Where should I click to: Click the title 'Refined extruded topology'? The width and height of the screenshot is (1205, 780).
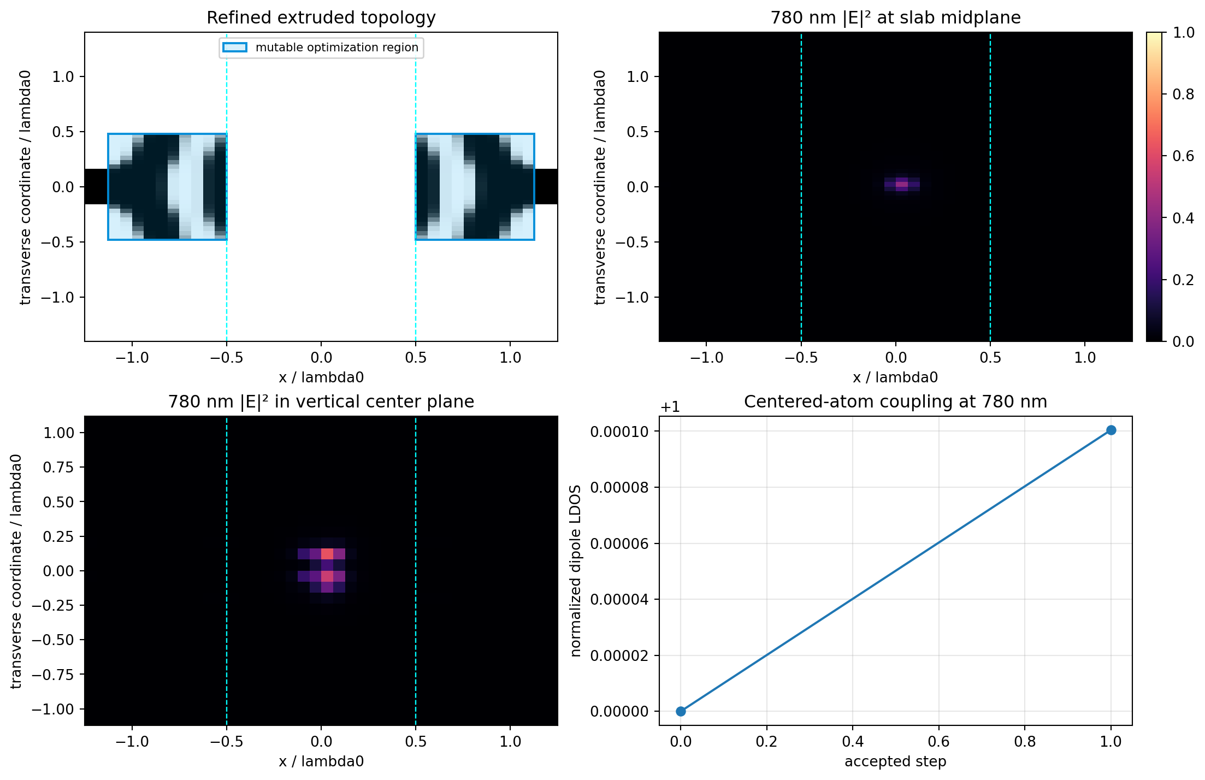pos(321,17)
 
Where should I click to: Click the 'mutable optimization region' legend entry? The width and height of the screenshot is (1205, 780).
pos(321,48)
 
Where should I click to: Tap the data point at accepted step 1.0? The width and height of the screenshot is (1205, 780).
pos(1111,430)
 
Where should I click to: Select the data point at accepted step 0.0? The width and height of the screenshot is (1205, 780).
pos(681,711)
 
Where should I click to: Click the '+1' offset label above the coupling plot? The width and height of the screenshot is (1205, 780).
pos(670,407)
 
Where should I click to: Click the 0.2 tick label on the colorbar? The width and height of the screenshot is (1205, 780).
pos(1183,280)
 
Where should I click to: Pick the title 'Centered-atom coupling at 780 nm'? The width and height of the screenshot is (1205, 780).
pos(895,401)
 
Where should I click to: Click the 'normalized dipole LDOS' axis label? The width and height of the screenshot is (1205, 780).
pos(575,571)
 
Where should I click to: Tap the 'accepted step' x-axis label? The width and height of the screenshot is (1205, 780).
pos(895,761)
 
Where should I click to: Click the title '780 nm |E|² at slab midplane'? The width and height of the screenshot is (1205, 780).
pos(895,17)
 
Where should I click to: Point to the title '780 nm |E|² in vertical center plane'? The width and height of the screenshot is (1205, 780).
pos(321,401)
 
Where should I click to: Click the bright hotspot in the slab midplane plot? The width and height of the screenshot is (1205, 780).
pos(902,184)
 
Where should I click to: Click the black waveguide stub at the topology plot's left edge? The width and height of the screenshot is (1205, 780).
pos(96,187)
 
